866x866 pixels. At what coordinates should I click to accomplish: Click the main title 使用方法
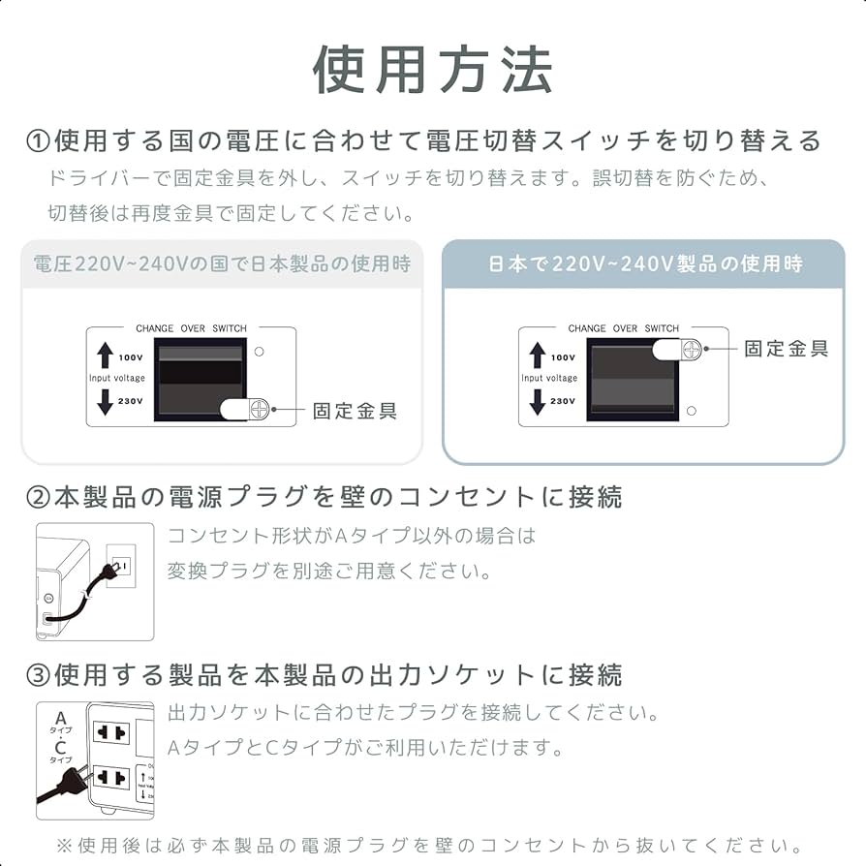[432, 70]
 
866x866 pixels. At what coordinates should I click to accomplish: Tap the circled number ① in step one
[37, 141]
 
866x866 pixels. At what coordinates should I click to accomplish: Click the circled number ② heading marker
[37, 498]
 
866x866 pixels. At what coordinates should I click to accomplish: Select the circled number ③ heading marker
[37, 674]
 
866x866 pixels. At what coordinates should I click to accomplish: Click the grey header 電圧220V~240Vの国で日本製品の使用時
[222, 263]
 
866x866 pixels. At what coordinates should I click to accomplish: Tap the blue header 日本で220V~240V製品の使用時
[644, 263]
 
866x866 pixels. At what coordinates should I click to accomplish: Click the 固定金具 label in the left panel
[355, 411]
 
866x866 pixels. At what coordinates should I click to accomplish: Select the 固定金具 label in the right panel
[786, 349]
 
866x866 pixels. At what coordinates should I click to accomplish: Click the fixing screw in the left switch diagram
[258, 410]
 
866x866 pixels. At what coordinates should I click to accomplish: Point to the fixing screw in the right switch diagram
[691, 350]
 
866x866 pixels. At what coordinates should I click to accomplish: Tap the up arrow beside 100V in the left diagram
[105, 356]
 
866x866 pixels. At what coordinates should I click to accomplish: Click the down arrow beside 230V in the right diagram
[537, 401]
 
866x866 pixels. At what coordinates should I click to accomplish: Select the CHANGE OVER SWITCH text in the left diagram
[191, 329]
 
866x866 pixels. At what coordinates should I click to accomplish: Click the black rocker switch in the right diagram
[632, 380]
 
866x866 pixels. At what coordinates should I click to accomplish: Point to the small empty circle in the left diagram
[259, 350]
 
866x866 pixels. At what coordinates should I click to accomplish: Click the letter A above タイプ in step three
[60, 718]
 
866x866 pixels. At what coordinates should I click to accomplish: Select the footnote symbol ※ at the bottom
[64, 846]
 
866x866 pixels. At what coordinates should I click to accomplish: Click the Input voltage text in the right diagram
[549, 379]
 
